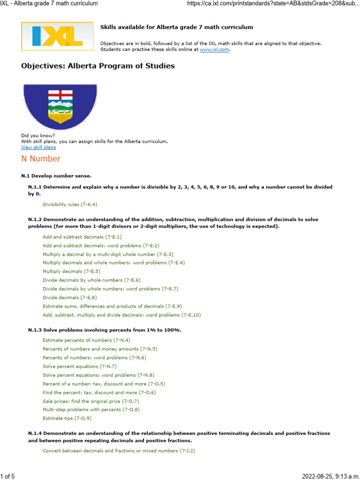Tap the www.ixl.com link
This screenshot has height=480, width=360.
pyautogui.click(x=214, y=49)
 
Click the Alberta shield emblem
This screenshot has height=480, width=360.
pyautogui.click(x=60, y=107)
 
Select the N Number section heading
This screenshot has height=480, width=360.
pyautogui.click(x=41, y=158)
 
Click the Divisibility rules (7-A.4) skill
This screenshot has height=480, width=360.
pyautogui.click(x=70, y=204)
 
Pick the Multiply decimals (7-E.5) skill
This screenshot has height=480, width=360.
pyautogui.click(x=71, y=271)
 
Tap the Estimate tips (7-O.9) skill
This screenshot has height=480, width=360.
pyautogui.click(x=67, y=418)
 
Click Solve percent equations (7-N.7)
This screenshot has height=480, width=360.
pyautogui.click(x=80, y=366)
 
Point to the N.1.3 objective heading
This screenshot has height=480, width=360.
pyautogui.click(x=105, y=330)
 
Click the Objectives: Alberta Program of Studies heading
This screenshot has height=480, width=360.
pyautogui.click(x=97, y=66)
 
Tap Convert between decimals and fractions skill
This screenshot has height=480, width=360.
pyautogui.click(x=119, y=451)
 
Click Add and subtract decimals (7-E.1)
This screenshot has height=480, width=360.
pyautogui.click(x=82, y=237)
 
